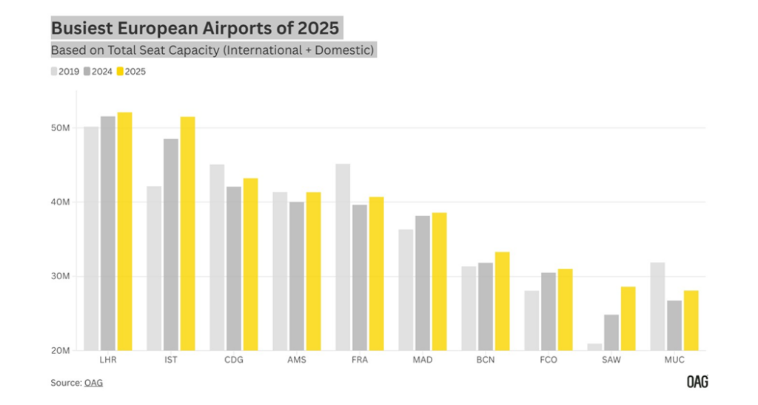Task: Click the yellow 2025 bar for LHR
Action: pos(124,231)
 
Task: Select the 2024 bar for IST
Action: pos(171,244)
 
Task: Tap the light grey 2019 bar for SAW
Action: pos(595,347)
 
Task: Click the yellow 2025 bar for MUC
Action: pos(691,320)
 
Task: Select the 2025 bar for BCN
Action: pos(502,301)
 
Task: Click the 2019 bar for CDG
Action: pos(217,257)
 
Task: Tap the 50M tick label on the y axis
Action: pos(60,128)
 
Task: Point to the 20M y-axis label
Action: pos(60,350)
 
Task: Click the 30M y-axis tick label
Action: pos(60,276)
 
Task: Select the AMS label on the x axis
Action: pos(296,361)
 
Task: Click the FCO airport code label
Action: pos(548,361)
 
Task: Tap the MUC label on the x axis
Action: pos(674,361)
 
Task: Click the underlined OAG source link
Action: pos(93,383)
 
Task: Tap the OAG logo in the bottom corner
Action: pos(697,382)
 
